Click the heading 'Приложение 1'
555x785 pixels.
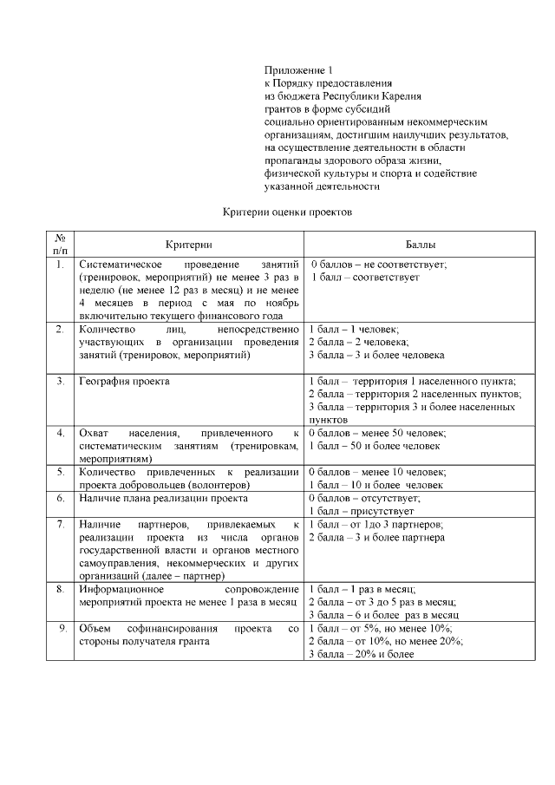tap(297, 69)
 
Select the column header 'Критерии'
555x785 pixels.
tap(188, 245)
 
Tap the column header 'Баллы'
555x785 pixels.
tap(421, 245)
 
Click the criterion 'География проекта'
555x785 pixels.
tap(124, 381)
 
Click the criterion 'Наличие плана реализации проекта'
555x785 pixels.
tap(163, 499)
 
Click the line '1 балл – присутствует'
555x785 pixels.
tap(362, 512)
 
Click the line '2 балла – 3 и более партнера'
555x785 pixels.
tap(376, 538)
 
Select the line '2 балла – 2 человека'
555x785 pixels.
tap(354, 343)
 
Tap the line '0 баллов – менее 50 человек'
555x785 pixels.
tap(377, 433)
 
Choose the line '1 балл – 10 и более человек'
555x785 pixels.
tap(376, 485)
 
